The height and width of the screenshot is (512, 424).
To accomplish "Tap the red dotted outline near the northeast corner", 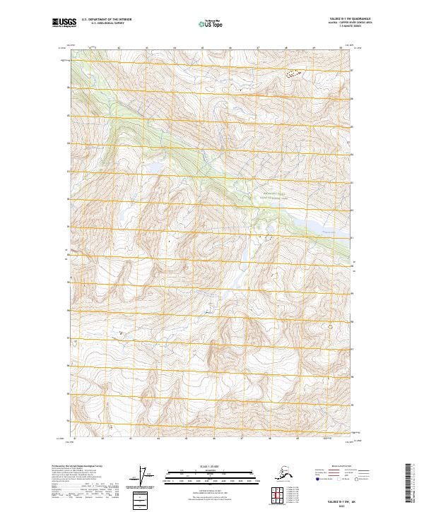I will click(293, 72).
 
